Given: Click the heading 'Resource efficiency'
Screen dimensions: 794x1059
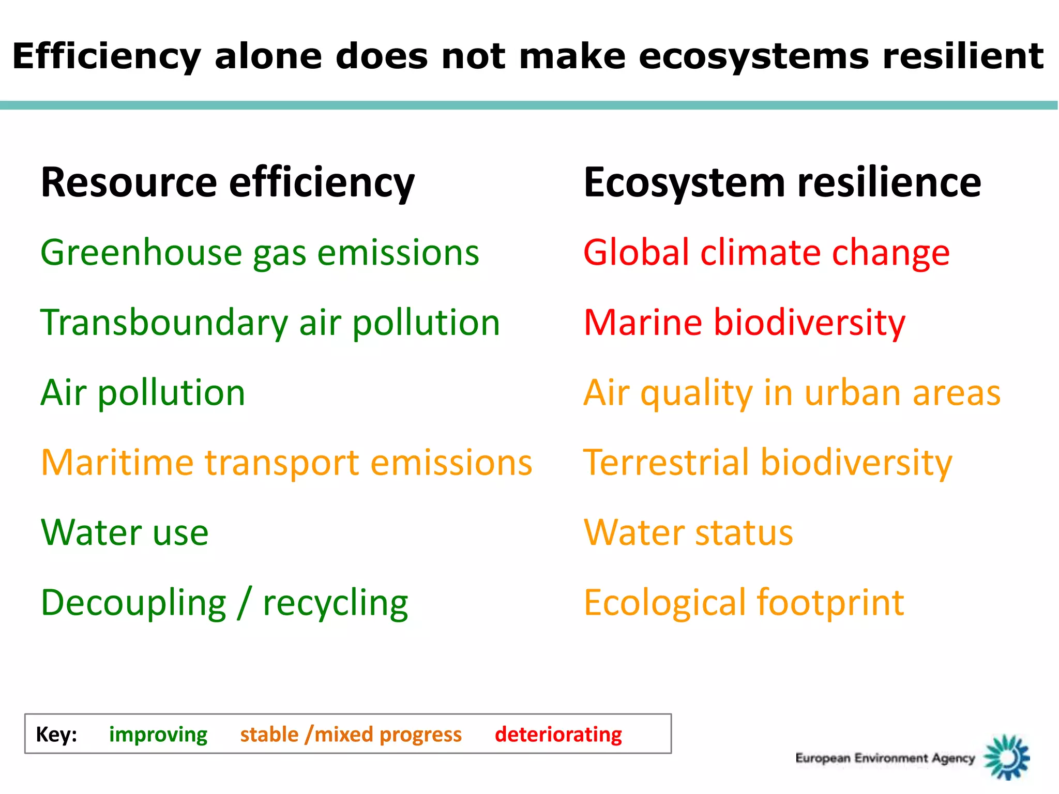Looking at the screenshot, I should (x=228, y=183).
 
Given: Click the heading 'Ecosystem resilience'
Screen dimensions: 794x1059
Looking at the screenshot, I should (x=782, y=183).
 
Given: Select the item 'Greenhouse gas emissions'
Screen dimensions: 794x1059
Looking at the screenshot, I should (x=260, y=253).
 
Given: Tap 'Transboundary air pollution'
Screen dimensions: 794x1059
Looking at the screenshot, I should (x=270, y=323).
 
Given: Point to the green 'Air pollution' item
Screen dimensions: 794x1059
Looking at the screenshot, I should (x=143, y=393).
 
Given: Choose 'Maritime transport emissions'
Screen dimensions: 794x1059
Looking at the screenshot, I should (x=286, y=463).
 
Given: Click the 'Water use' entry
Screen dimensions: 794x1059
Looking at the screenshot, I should (x=125, y=532).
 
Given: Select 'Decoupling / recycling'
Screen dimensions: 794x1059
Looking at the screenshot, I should (x=224, y=603).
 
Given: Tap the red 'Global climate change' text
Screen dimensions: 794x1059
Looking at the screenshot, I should (x=766, y=253).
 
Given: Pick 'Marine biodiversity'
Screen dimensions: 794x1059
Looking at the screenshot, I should (x=744, y=323).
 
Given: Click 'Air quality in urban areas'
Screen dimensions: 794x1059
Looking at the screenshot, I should (x=792, y=393).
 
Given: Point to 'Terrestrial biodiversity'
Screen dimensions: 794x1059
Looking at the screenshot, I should (x=767, y=463).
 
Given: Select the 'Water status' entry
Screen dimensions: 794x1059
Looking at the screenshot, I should (x=688, y=532).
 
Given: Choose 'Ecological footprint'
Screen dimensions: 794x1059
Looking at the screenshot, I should (x=744, y=603).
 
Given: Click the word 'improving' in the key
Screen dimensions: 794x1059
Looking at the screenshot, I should (x=158, y=735).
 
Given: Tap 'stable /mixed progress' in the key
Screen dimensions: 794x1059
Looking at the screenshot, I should (x=351, y=735).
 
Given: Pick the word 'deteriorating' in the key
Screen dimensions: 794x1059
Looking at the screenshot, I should (x=558, y=735).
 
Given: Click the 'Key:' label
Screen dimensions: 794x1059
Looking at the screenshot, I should (x=56, y=735).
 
